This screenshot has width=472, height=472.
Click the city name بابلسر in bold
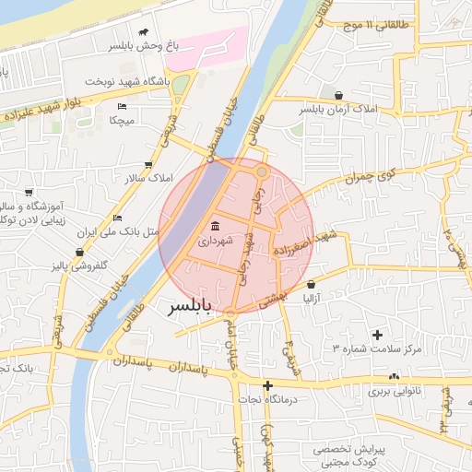tap(189, 307)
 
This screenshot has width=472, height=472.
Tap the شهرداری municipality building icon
tap(215, 227)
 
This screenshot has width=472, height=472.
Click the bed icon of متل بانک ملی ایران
tap(117, 218)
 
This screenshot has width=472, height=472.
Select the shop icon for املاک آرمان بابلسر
tap(338, 95)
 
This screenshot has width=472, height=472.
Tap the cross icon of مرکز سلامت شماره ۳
tap(376, 334)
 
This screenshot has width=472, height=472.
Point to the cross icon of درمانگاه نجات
tap(267, 385)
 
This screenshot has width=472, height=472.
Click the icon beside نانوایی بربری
tap(395, 376)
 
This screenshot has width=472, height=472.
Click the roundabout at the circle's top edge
tap(262, 171)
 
